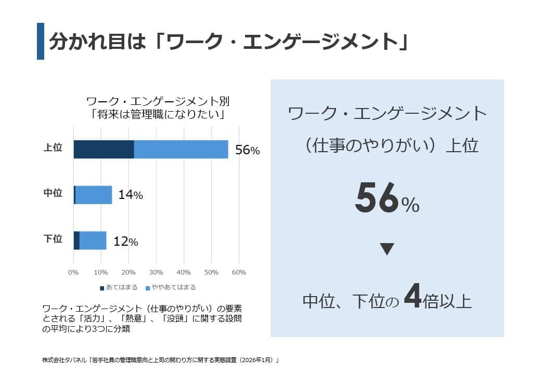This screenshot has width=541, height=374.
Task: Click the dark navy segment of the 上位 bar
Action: click(x=104, y=149)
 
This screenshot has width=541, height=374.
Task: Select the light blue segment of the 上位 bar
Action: click(x=181, y=149)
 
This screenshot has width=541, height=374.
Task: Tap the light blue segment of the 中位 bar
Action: click(x=94, y=195)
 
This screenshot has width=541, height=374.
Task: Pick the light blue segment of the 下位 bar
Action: click(x=93, y=241)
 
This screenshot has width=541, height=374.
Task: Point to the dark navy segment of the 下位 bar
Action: click(x=76, y=241)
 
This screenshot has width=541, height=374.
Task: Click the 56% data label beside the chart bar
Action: click(x=247, y=150)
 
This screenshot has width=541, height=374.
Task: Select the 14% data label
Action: click(x=130, y=195)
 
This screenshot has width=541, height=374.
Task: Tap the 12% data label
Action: click(x=125, y=242)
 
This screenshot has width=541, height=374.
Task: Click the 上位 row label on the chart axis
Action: click(x=53, y=148)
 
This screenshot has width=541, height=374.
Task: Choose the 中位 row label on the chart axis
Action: click(x=53, y=194)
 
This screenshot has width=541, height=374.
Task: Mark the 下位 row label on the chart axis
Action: click(x=53, y=239)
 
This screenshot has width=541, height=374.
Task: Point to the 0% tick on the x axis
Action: click(x=73, y=272)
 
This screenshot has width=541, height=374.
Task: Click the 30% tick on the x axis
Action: click(x=156, y=272)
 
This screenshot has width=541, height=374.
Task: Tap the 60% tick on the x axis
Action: click(x=238, y=272)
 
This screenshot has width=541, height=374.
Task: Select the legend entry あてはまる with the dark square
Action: click(x=119, y=287)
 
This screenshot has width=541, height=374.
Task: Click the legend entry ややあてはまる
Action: click(x=170, y=287)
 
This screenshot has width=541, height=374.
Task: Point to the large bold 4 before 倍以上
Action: click(x=411, y=297)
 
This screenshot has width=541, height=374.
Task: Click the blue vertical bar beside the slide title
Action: click(x=41, y=41)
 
